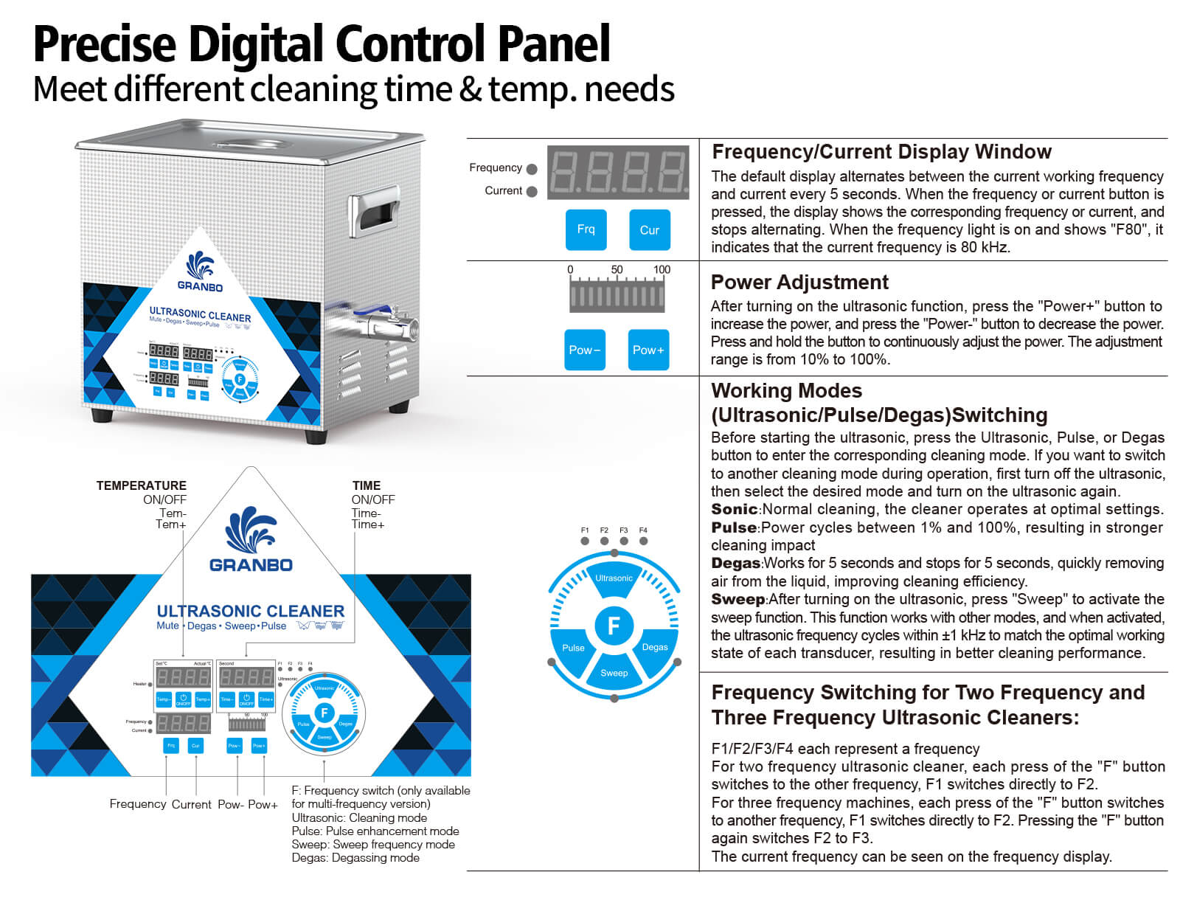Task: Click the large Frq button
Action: [586, 229]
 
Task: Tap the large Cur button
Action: [649, 229]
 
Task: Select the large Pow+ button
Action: [648, 350]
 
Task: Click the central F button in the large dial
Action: [614, 626]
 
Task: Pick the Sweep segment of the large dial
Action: [614, 672]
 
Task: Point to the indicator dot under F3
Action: [624, 541]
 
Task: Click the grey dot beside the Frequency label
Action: [532, 169]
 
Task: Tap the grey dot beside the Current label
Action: [532, 192]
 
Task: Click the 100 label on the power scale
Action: [662, 269]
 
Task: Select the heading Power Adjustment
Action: [799, 283]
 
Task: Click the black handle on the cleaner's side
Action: [375, 215]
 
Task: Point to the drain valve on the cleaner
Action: [387, 323]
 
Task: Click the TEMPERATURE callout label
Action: [141, 485]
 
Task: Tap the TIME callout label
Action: [367, 485]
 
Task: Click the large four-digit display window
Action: [618, 172]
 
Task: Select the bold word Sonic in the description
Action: [734, 509]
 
